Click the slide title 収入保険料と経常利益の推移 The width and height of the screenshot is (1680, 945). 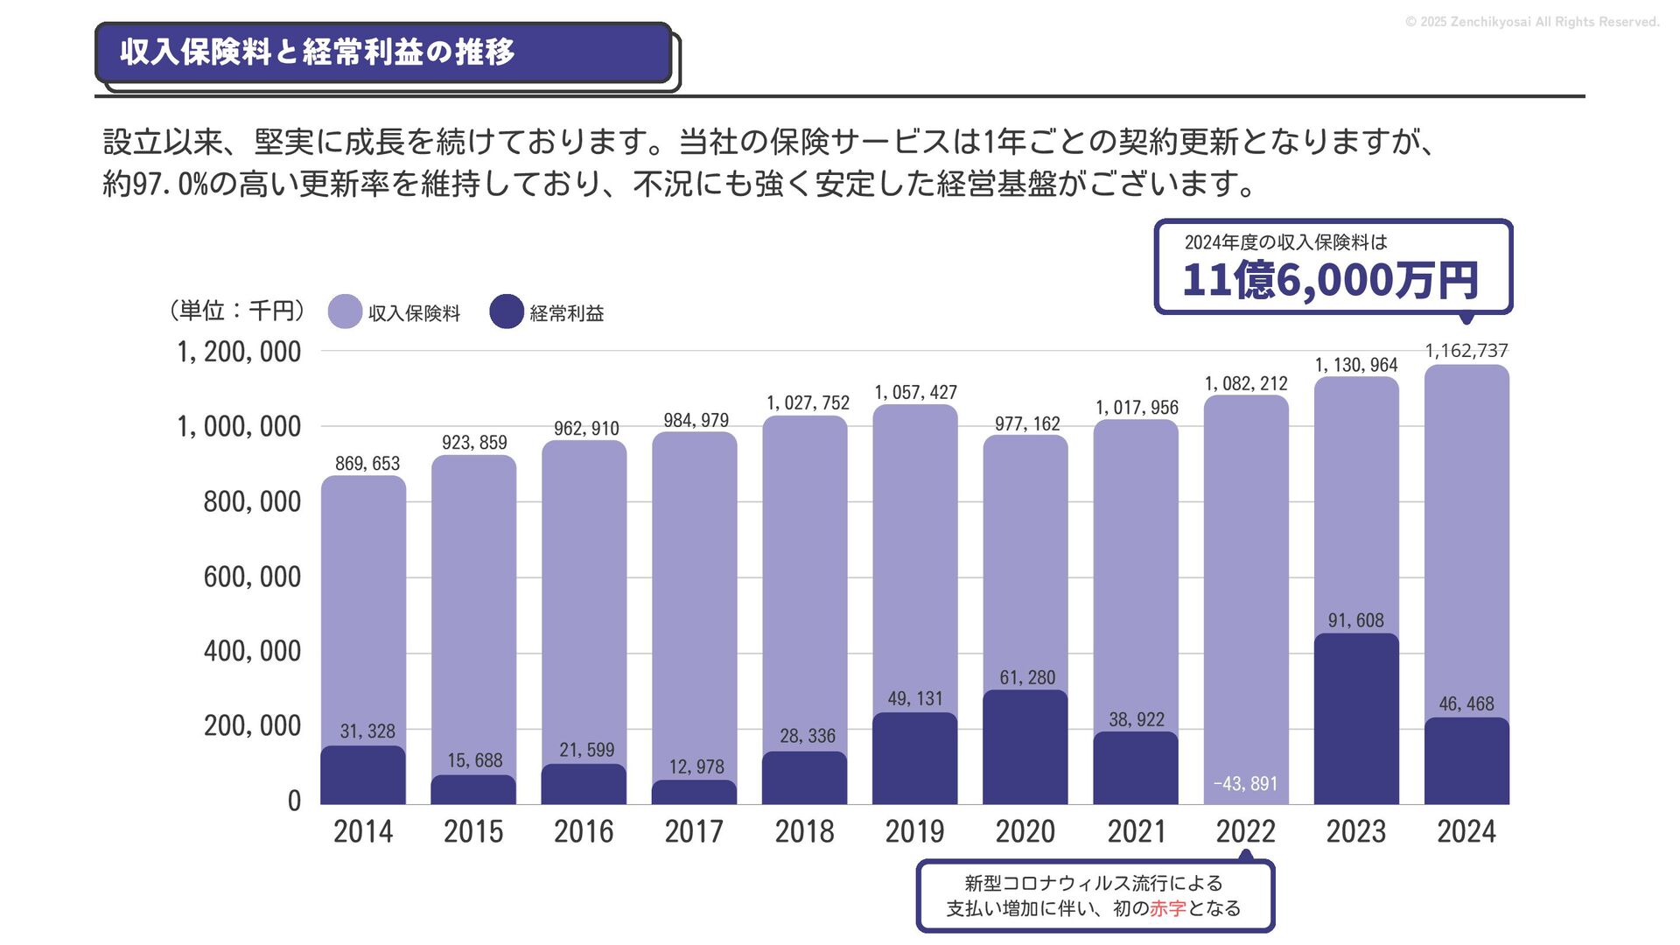point(317,52)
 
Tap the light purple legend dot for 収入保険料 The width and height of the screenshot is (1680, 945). point(345,311)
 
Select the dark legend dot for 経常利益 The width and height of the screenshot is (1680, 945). point(506,311)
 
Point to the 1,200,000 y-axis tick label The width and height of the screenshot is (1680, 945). point(239,352)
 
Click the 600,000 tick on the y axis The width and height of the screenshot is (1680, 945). point(252,577)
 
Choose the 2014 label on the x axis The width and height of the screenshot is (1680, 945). point(363,831)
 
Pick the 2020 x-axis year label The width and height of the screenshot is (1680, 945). point(1025,831)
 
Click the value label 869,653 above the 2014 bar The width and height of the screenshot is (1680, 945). point(367,464)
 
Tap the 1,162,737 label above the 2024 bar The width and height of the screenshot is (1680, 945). point(1466,351)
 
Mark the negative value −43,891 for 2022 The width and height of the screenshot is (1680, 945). point(1245,784)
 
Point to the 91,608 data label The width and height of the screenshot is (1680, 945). point(1356,620)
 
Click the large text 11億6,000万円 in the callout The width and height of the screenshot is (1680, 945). point(1330,280)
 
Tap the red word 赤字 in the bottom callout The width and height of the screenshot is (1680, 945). point(1168,908)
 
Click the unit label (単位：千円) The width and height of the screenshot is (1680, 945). point(237,311)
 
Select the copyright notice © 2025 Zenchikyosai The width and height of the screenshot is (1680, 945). point(1532,22)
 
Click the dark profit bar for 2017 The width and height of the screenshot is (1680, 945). point(694,792)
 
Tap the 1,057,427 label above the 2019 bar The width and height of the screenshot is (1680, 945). point(915,393)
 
